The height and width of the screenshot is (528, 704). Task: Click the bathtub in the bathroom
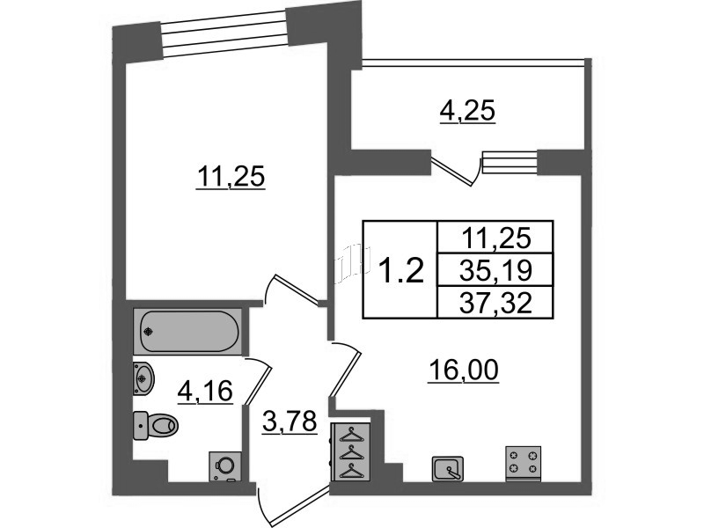pos(187,332)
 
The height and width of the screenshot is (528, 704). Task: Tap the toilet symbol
pos(156,425)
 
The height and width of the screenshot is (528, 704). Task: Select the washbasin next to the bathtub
pos(143,378)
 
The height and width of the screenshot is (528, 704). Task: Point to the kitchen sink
pos(448,469)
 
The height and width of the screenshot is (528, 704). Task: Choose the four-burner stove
pos(524,464)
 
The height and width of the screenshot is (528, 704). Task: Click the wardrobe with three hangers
pos(350,452)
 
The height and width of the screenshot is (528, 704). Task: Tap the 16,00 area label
pos(464,372)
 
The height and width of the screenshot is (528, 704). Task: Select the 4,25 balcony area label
pos(467,113)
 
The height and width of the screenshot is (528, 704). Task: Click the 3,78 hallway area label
pos(290,422)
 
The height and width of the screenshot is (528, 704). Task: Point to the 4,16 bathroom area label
pos(205,392)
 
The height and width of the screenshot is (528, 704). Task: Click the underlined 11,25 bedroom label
pos(231,178)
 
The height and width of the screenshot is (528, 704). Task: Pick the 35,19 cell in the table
pos(495,270)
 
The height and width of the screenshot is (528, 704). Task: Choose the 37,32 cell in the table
pos(495,303)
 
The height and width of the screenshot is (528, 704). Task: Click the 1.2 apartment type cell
pos(400,271)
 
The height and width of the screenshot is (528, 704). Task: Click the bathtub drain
pos(149,333)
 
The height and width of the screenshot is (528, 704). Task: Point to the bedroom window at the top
pos(224,34)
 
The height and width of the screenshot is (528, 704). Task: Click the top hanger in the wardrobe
pos(350,435)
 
